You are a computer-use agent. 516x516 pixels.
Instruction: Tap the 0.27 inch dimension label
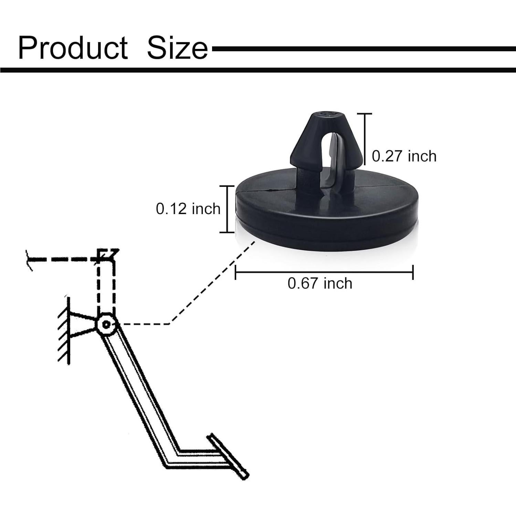coord(404,156)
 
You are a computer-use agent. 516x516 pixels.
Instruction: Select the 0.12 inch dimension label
coord(188,209)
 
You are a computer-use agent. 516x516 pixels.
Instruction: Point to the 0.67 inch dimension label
coord(320,284)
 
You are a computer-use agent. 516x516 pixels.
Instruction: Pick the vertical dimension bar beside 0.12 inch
coord(227,209)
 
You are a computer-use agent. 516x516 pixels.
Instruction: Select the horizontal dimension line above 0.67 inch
coord(324,273)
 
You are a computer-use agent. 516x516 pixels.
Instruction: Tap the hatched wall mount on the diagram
coord(64,330)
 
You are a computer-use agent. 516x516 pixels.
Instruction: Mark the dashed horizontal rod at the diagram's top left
coord(62,259)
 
